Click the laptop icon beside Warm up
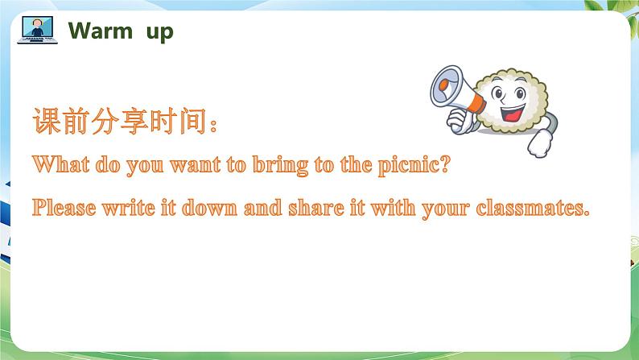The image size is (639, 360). (38, 30)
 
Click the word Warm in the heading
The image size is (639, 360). (101, 31)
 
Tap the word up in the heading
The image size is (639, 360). (159, 33)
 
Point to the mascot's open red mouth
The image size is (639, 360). (512, 114)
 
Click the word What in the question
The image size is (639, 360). (60, 164)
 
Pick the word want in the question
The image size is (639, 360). (196, 165)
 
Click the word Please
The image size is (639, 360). (64, 207)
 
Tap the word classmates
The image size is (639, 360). (532, 208)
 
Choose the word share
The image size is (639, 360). (316, 208)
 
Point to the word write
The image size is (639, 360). (129, 208)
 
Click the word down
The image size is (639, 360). (209, 208)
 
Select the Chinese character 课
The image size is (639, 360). (47, 121)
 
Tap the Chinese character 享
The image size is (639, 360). (134, 121)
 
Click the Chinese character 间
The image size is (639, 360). (193, 121)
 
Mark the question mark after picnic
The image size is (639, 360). (445, 164)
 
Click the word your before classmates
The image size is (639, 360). (446, 209)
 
